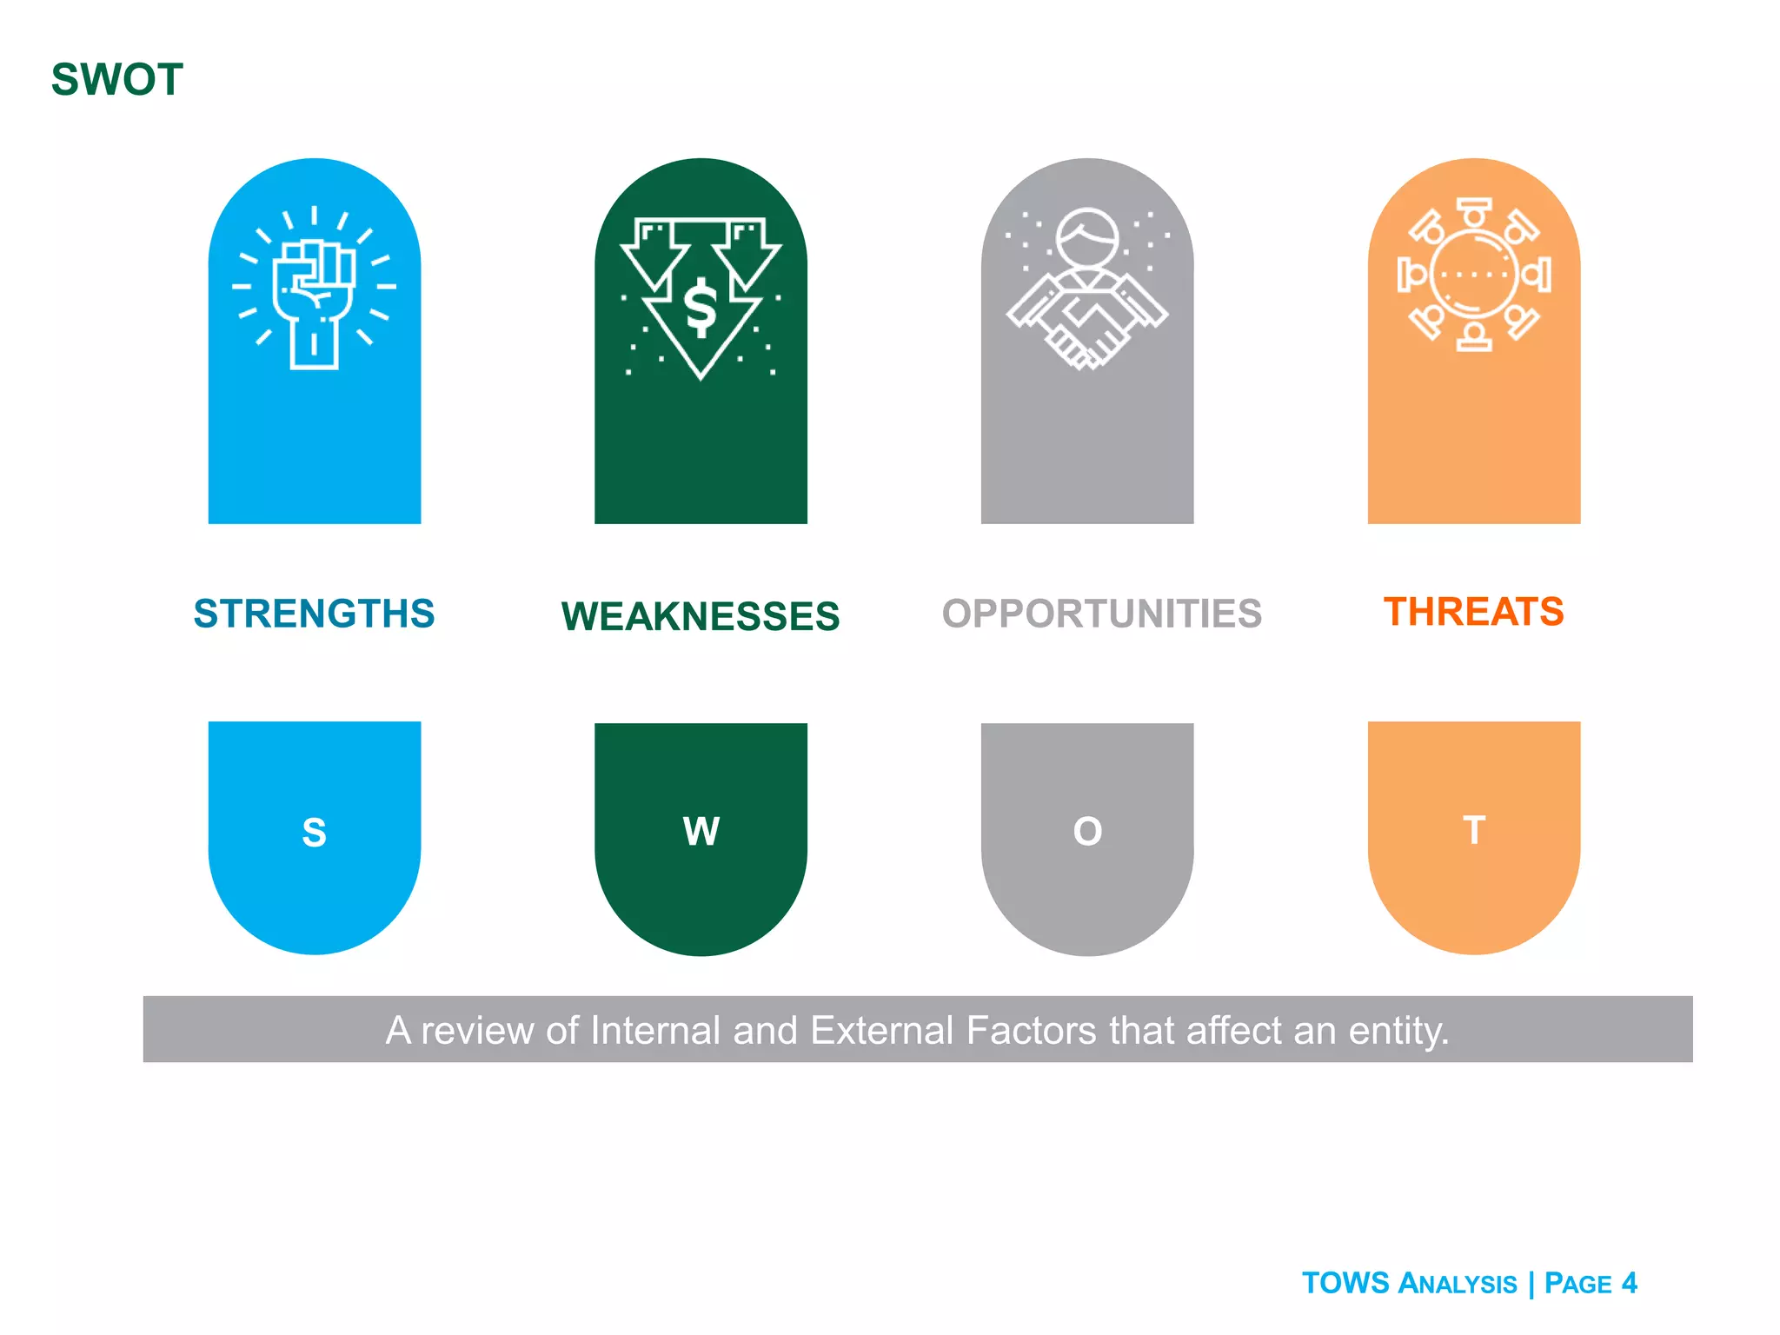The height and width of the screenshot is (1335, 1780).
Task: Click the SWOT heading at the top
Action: (117, 80)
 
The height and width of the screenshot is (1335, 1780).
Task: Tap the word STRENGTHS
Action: (314, 614)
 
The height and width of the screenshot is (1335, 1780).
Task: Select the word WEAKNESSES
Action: (701, 616)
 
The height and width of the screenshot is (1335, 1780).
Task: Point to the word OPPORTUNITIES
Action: (1101, 614)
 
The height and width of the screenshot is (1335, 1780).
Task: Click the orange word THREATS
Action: (1473, 612)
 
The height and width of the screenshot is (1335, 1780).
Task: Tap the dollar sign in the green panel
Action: (701, 309)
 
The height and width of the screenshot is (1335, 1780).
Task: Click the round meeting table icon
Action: (1473, 275)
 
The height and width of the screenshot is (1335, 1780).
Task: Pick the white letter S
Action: (314, 833)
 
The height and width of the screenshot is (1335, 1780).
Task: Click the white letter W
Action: (701, 832)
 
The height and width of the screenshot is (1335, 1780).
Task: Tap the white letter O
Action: (1087, 832)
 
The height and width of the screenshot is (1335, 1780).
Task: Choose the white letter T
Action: (1473, 830)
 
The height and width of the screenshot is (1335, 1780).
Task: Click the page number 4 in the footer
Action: (1629, 1283)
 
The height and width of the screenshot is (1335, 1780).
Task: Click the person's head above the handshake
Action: (1087, 238)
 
